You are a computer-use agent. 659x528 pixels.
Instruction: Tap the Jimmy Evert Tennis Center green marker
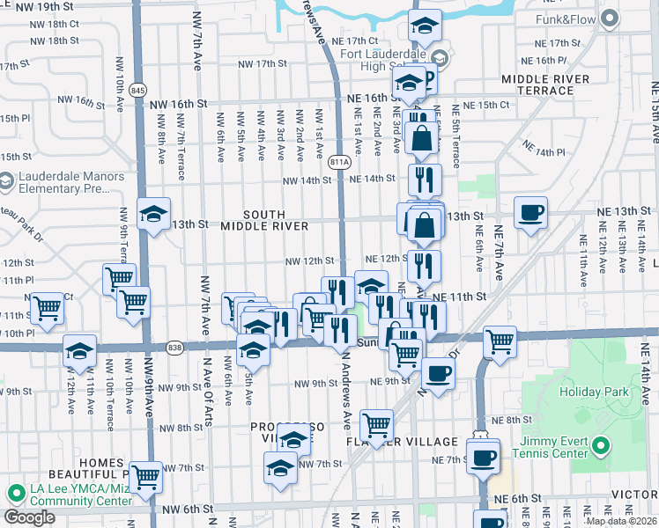pos(602,446)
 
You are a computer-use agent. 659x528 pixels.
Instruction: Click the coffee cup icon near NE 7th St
pos(484,457)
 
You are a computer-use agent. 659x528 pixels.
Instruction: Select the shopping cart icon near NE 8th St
pos(376,425)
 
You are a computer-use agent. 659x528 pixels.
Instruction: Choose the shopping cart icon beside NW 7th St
pos(145,477)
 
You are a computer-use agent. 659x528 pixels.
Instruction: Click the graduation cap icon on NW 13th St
pos(153,214)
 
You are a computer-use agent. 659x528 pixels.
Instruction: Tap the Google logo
pos(29,517)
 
